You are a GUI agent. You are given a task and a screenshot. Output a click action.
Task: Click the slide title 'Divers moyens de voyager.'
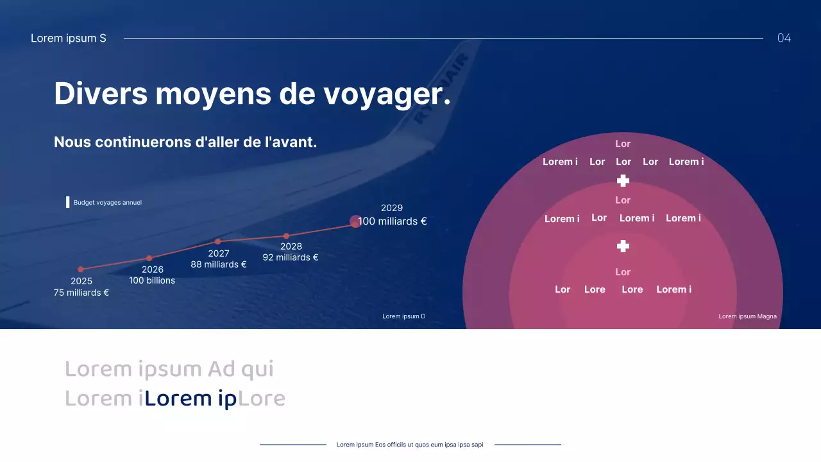[252, 94]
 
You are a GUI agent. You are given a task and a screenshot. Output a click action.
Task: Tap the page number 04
[784, 38]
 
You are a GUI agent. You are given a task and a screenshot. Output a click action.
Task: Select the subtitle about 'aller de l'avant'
[185, 142]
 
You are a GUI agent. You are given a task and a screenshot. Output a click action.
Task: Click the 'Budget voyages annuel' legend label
[107, 203]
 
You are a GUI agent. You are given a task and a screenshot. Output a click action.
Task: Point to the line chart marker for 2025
[81, 269]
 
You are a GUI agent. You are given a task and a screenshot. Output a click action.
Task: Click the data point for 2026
[149, 258]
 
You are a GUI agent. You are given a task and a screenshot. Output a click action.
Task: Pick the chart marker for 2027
[218, 241]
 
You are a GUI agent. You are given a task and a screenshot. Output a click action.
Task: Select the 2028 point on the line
[287, 236]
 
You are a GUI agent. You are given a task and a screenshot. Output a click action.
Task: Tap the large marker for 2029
[355, 221]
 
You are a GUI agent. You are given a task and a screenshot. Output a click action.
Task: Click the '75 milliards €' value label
[81, 293]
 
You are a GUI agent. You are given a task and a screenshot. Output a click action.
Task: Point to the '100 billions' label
[152, 280]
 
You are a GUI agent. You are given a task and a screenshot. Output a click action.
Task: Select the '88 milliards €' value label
[219, 264]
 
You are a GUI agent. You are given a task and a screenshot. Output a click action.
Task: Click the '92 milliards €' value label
[291, 257]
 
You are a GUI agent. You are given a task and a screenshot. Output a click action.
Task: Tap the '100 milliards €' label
[393, 221]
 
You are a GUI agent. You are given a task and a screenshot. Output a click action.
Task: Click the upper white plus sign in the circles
[623, 181]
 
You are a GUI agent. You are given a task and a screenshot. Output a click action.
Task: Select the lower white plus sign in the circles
[623, 246]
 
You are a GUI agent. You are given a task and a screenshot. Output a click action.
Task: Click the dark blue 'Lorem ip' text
[190, 398]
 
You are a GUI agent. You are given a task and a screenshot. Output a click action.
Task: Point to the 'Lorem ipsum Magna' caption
[747, 316]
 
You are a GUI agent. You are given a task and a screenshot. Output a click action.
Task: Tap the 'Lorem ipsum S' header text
[69, 38]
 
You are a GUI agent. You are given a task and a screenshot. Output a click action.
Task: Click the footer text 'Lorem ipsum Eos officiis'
[410, 445]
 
